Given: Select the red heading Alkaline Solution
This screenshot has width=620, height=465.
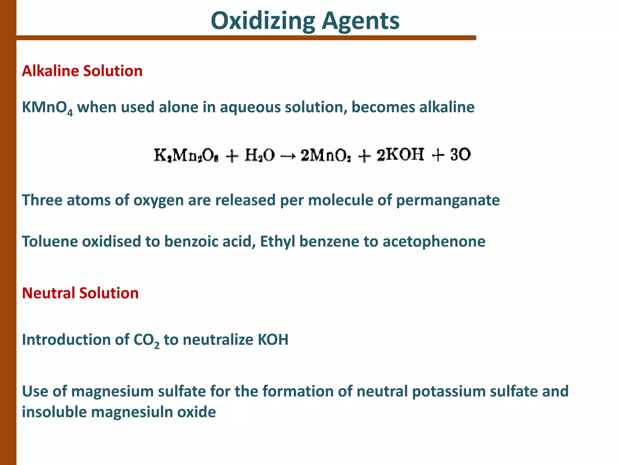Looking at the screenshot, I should coord(82,71).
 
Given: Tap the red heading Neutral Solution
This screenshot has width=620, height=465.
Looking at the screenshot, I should coord(80,293).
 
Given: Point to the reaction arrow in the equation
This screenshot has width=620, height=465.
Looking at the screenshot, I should coord(287,156).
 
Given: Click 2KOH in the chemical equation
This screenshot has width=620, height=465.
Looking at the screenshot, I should coord(400,155).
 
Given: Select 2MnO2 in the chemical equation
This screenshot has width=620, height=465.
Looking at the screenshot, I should coord(326,156).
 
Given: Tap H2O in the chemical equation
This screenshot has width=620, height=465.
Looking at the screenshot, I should coord(259,155).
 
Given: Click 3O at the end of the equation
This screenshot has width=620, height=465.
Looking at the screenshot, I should coord(460,155).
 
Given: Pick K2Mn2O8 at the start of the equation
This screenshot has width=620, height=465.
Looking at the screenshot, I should coord(186,156).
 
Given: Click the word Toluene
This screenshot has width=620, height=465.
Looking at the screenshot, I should coord(50,242).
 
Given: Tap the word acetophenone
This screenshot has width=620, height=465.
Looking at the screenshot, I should coord(434,242).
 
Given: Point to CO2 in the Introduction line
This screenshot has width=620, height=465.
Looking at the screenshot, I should coord(146,340).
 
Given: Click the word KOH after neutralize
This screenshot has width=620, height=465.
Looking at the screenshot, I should coord(273,340).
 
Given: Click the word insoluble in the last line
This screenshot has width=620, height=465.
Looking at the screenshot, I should coord(54,412).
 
